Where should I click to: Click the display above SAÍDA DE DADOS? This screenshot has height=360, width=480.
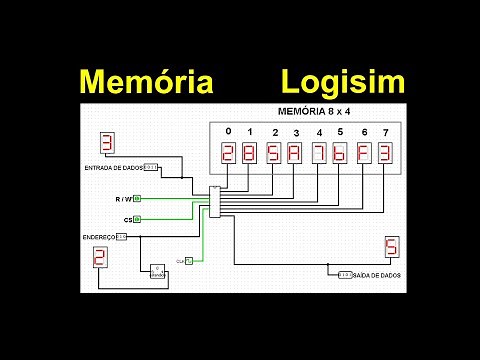(x=391, y=247)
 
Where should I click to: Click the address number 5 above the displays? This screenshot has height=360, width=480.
(x=340, y=132)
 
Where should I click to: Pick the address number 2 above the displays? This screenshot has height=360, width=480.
(x=275, y=133)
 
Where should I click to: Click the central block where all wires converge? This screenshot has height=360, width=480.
(x=214, y=201)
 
